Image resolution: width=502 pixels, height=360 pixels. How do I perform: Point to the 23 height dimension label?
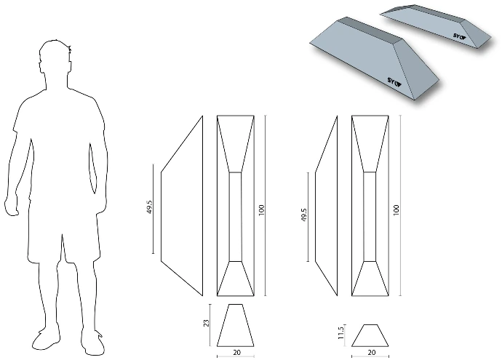207,323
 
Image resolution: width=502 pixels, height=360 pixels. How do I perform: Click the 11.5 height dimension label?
340,332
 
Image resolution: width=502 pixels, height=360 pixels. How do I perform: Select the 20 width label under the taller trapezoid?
236,352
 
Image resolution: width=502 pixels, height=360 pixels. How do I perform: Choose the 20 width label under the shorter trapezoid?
371,352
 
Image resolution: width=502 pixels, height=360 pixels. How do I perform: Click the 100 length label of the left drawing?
262,209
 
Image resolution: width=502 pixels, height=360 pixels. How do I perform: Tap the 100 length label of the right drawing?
397,209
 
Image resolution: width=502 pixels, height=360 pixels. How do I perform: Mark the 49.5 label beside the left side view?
150,207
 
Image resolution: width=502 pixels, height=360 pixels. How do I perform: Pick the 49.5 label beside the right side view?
304,215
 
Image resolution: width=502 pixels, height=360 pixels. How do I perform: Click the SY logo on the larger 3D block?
394,81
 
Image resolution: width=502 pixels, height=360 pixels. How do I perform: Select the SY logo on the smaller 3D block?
459,36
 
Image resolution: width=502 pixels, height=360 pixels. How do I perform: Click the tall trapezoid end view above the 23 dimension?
235,325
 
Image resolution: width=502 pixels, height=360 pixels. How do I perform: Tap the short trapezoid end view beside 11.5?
370,335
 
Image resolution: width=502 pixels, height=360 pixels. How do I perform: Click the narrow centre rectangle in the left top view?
235,217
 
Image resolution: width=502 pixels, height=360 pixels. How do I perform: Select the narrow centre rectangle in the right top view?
370,217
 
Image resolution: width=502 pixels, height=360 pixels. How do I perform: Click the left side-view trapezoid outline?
161,217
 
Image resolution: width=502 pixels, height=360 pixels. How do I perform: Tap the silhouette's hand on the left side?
11,205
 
